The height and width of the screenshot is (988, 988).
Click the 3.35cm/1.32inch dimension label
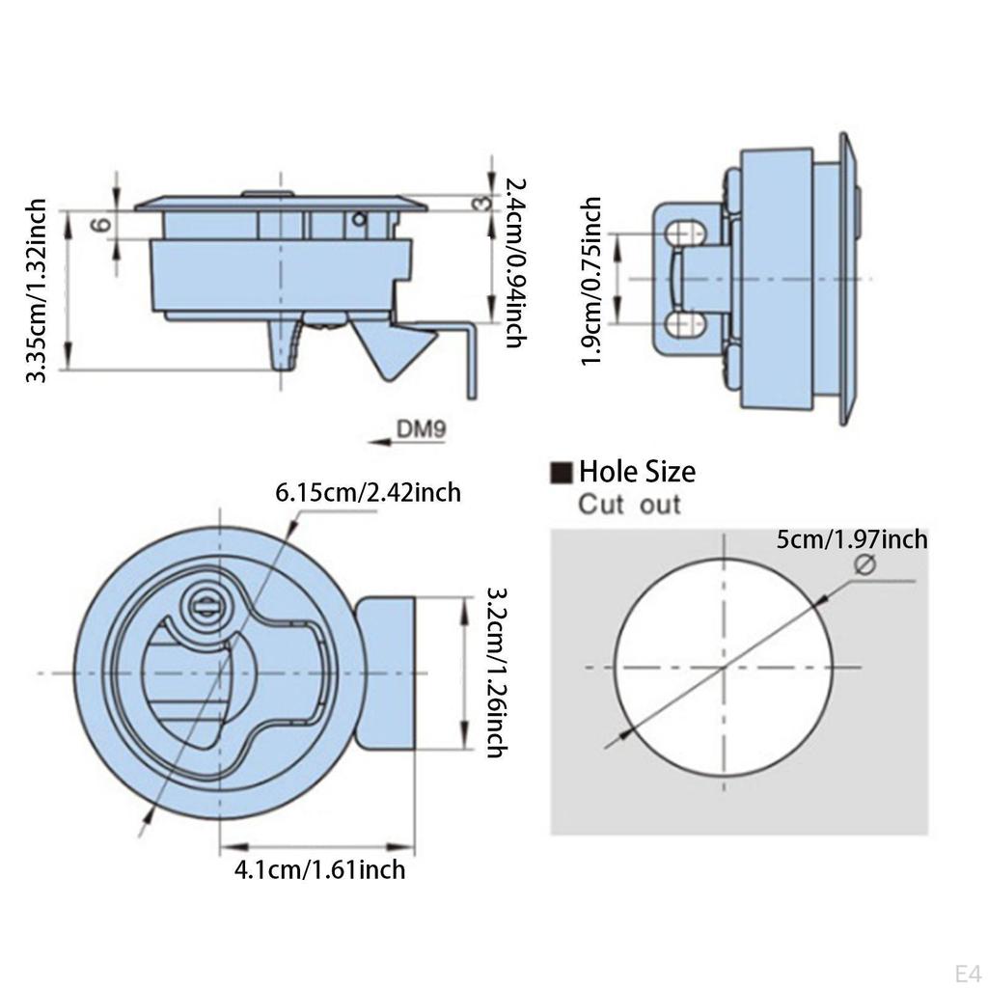(x=36, y=290)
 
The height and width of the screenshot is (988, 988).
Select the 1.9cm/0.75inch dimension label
(x=590, y=282)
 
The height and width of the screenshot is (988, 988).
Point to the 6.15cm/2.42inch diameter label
(x=368, y=492)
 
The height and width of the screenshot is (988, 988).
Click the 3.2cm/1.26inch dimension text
(x=495, y=672)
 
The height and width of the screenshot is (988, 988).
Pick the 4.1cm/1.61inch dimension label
(x=319, y=869)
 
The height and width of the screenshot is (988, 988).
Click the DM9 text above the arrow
(x=420, y=427)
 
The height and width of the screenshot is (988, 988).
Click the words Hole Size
(x=637, y=472)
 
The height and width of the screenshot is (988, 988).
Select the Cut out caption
(x=629, y=504)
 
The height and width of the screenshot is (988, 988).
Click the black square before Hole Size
(x=561, y=473)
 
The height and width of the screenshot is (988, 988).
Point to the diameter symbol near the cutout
(x=864, y=566)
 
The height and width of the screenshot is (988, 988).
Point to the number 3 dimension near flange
(x=480, y=203)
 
